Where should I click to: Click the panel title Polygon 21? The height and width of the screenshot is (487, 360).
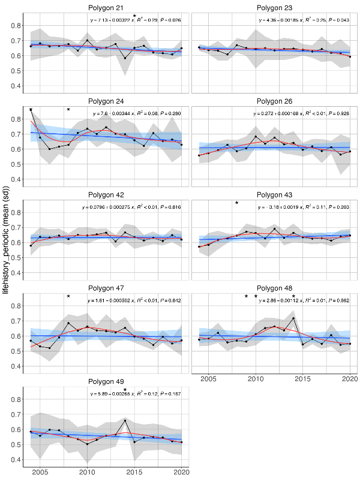[106, 7]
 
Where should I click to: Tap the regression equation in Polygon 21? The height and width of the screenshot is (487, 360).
[134, 20]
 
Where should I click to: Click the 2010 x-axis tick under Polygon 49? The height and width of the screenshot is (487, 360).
[87, 473]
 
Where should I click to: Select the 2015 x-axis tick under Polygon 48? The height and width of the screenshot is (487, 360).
[303, 379]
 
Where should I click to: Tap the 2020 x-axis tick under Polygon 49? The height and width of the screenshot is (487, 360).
[181, 473]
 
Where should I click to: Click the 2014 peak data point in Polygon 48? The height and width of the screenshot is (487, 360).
[293, 318]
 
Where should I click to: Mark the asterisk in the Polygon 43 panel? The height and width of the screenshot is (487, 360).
[237, 203]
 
